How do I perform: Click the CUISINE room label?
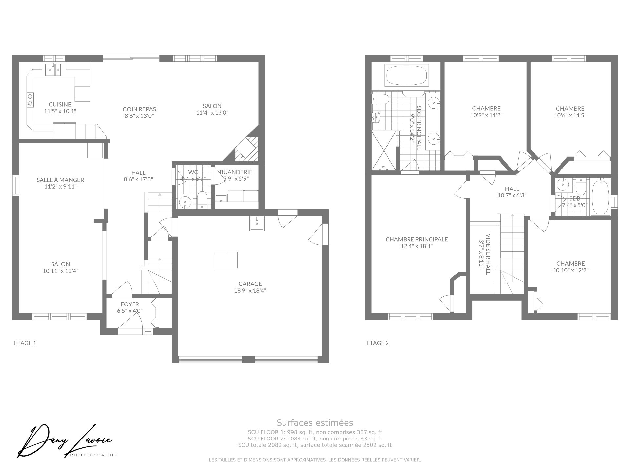[60, 105]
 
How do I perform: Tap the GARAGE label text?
[250, 284]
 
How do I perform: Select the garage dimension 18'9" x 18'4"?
[250, 291]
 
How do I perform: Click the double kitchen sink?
[53, 70]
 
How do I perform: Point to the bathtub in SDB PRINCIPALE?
[406, 76]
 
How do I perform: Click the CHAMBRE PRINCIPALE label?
[416, 240]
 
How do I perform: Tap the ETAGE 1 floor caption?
[25, 343]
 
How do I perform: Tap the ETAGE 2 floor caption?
[378, 343]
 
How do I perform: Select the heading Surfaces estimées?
[315, 423]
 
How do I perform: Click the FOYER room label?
[130, 304]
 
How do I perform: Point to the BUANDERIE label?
[236, 172]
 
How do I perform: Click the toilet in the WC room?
[202, 200]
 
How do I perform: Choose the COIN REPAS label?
[139, 109]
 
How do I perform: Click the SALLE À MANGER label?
[60, 180]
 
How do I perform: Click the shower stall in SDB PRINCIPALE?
[384, 150]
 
